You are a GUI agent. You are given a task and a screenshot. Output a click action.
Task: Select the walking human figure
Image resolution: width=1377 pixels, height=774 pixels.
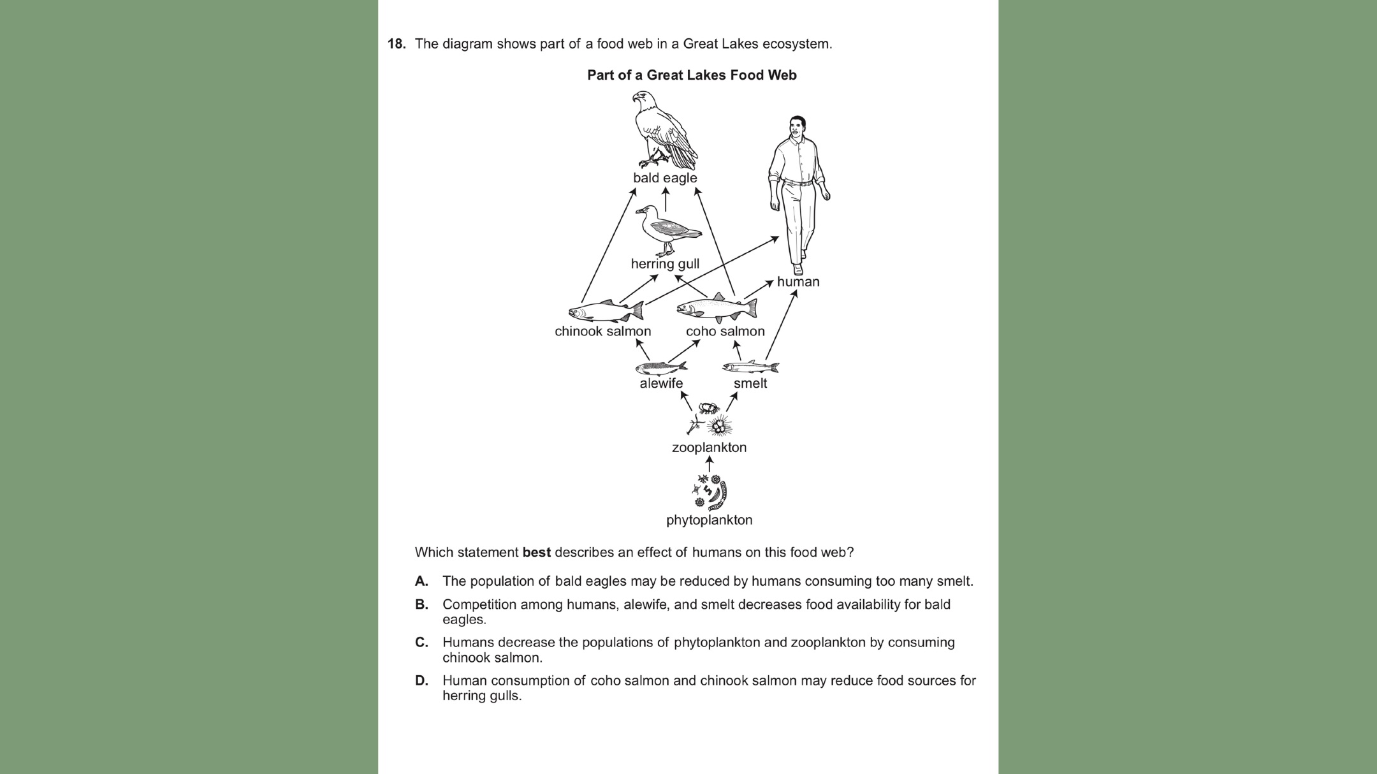coord(798,191)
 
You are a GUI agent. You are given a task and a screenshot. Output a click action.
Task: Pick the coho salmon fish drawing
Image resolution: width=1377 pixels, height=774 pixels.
coord(717,308)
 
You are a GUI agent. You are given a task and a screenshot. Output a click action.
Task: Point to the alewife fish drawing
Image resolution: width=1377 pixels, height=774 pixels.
coord(661,367)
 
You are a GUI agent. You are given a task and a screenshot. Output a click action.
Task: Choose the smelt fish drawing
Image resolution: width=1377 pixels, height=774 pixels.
coord(750,367)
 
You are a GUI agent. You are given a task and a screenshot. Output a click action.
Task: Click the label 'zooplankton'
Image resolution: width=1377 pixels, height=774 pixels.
coord(709,448)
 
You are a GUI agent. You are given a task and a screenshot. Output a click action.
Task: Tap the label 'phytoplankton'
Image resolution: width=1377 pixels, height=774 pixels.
coord(709,520)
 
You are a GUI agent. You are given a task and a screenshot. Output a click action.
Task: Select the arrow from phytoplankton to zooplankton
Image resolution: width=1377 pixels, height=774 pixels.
coord(710,464)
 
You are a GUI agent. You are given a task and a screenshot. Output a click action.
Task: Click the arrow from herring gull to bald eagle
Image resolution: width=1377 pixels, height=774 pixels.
coord(666,200)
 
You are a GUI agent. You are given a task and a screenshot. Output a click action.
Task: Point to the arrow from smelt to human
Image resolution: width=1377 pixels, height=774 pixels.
coord(781,325)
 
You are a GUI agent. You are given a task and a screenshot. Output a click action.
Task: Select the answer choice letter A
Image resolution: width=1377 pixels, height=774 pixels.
coord(421,581)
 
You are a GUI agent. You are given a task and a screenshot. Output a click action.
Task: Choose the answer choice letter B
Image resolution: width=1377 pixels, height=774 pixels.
coord(421,604)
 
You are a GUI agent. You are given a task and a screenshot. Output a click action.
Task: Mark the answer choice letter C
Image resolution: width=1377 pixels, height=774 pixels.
coord(421,643)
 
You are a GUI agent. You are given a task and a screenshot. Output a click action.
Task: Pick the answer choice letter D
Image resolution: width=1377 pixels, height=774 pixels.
coord(421,681)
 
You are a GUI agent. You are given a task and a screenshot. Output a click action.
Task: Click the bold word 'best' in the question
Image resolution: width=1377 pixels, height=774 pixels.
coord(536,553)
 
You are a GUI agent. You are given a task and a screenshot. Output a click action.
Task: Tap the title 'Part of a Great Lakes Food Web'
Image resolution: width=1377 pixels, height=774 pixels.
coord(692,75)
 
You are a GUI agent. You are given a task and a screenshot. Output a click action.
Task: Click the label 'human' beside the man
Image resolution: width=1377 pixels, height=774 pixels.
coord(798,282)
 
